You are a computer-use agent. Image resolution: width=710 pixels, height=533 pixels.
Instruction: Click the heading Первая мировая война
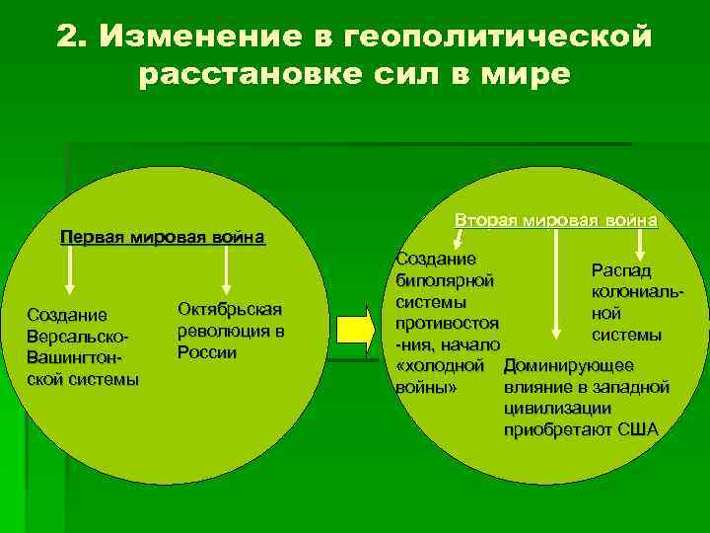tap(163, 237)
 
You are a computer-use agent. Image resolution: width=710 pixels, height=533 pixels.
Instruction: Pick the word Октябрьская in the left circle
tap(230, 309)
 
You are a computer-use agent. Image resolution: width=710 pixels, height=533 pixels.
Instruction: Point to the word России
tap(207, 352)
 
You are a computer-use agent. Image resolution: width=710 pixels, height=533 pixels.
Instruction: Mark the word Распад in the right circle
tap(621, 270)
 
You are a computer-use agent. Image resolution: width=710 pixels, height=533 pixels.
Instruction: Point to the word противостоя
tap(447, 323)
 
